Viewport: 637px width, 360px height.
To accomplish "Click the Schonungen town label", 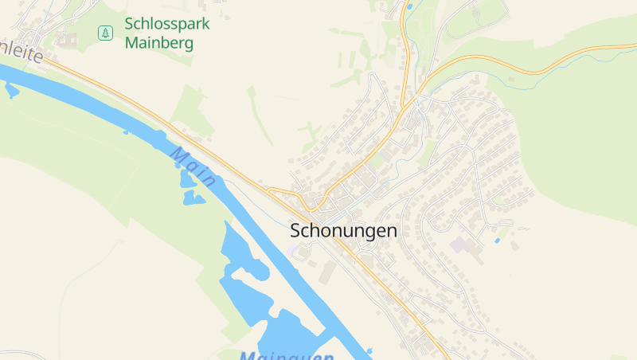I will (x=343, y=231).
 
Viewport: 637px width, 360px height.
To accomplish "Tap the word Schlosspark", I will (x=167, y=24).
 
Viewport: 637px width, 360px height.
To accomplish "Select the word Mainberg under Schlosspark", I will (x=159, y=43).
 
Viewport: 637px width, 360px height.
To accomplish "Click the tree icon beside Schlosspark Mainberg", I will (x=105, y=33).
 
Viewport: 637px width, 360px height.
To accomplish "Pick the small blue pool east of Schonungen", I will (x=497, y=240).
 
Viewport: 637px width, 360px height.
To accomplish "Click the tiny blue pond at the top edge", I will (x=409, y=7).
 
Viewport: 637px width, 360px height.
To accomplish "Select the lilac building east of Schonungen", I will (x=459, y=244).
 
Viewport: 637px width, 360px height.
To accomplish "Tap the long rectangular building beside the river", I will (x=328, y=271).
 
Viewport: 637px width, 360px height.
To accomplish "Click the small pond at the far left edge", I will (x=11, y=89).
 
